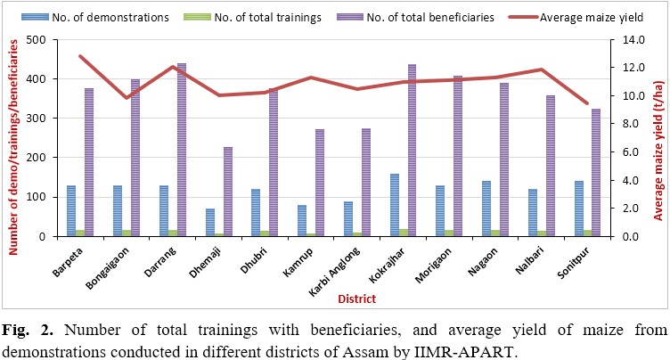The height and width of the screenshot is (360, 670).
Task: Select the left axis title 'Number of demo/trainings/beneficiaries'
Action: pos(13,138)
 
